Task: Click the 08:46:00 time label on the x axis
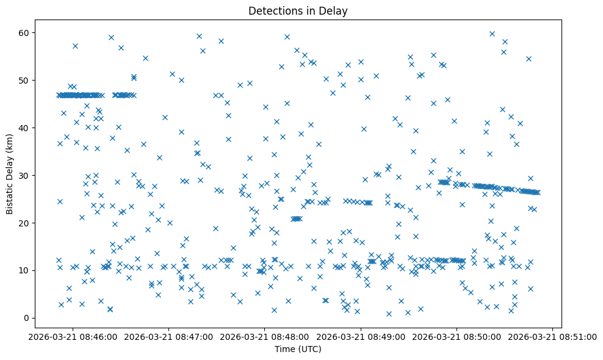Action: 73,336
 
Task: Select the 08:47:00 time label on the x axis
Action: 169,336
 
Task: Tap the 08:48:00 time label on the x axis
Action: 265,336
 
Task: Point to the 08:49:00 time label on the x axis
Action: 361,336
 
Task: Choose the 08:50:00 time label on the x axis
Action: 457,336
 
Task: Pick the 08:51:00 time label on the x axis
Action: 553,336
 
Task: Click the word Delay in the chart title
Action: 335,10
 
